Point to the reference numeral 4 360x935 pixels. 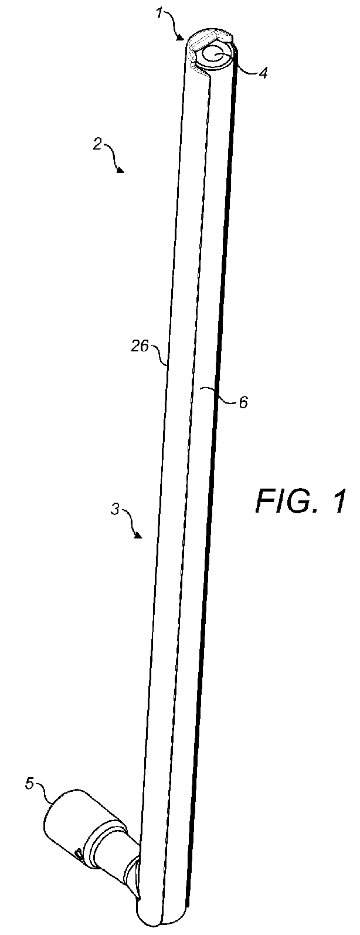point(264,74)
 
